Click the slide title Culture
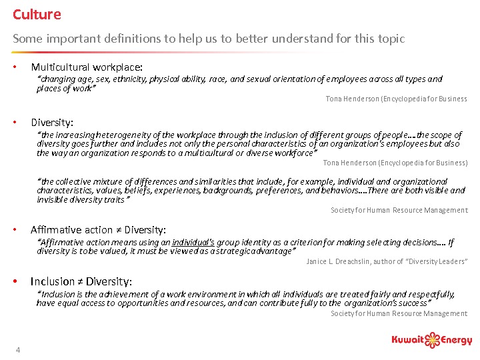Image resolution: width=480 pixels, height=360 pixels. coord(37,14)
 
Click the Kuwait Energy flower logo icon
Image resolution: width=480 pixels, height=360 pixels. coord(435,340)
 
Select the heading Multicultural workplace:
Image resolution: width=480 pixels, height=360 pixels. coord(87,67)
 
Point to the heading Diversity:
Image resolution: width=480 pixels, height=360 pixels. coord(52,122)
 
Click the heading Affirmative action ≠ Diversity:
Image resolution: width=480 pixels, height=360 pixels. coord(99,230)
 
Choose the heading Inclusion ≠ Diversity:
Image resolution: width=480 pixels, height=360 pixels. coord(81,281)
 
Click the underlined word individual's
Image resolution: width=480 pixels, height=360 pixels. coord(193,243)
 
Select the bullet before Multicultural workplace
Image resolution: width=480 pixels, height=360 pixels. coord(15,67)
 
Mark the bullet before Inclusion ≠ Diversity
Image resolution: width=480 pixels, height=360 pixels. coord(15,281)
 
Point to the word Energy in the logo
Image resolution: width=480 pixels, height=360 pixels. coord(458,341)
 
